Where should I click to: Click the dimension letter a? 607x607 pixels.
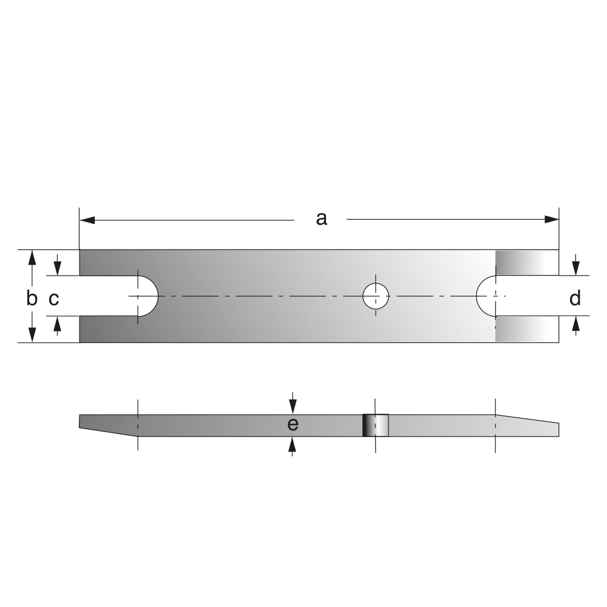[321, 219]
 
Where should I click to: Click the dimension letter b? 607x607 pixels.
[32, 298]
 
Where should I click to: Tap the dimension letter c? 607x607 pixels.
[54, 299]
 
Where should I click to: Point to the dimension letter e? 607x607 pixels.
[293, 424]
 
